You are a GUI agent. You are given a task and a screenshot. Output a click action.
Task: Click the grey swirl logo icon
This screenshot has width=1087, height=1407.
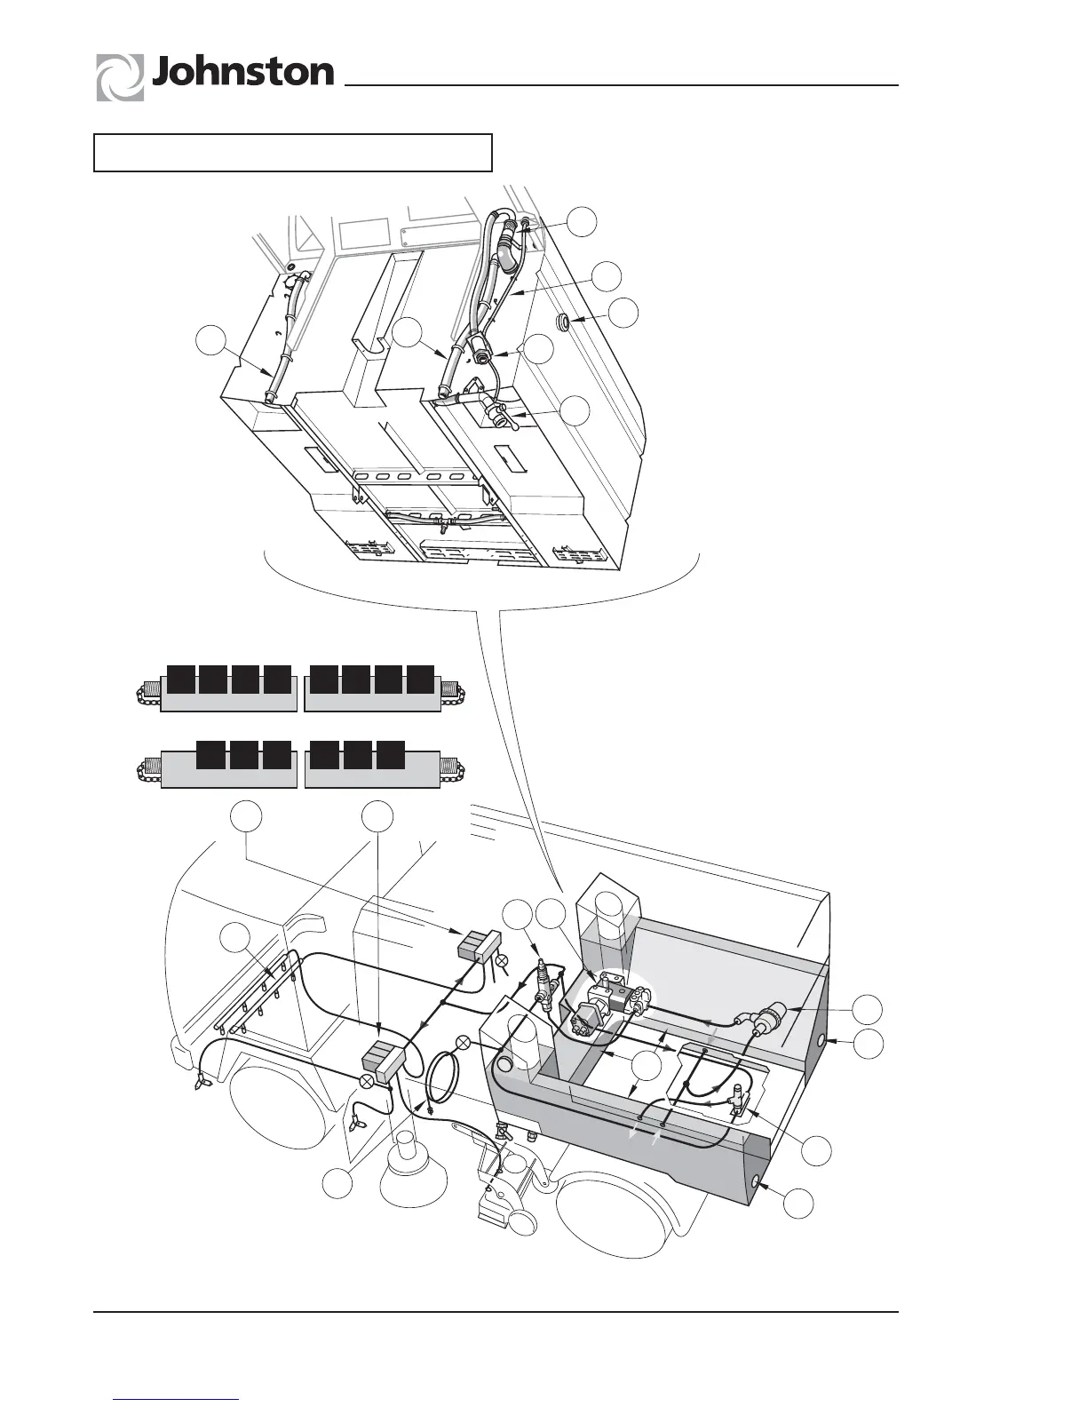[120, 77]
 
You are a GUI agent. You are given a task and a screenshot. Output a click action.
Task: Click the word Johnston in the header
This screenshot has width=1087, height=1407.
[242, 73]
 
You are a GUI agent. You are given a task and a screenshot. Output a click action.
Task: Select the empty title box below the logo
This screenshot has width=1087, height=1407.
[293, 152]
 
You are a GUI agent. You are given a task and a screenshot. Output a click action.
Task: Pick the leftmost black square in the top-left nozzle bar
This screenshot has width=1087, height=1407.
[181, 678]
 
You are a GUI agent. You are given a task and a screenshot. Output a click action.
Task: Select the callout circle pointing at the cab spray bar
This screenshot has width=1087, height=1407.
[234, 939]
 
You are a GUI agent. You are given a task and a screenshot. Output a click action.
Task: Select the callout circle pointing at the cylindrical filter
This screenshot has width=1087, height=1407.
[868, 1009]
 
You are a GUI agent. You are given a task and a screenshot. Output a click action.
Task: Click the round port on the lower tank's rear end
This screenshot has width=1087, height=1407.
[756, 1182]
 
